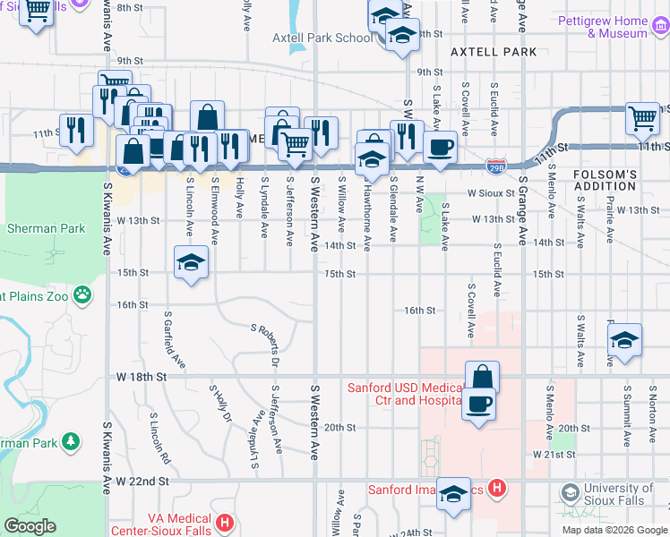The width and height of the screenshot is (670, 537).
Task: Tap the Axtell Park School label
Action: click(x=329, y=38)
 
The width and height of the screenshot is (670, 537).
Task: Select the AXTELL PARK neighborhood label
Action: click(x=494, y=52)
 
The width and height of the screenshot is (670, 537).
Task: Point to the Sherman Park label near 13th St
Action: click(x=46, y=228)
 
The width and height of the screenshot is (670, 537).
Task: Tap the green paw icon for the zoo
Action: click(x=82, y=294)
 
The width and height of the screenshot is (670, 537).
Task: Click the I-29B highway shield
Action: click(x=496, y=166)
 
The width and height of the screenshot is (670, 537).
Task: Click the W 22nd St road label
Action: click(x=142, y=482)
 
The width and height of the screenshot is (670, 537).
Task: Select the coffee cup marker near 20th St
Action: click(x=478, y=402)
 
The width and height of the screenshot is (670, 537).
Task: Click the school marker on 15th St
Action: click(x=190, y=264)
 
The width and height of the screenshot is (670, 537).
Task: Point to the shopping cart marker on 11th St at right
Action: click(x=642, y=117)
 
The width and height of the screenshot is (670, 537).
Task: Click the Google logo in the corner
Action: click(x=30, y=526)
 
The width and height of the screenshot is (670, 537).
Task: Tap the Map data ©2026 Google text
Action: click(x=614, y=530)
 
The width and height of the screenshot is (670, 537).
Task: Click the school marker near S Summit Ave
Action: click(x=624, y=340)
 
